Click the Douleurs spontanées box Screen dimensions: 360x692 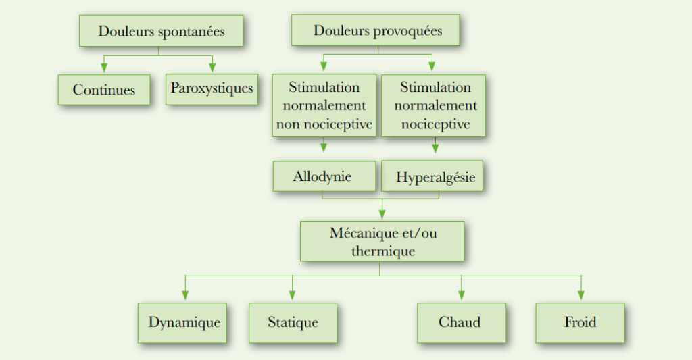click(161, 31)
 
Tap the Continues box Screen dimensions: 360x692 click(104, 89)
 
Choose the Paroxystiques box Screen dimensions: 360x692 click(212, 88)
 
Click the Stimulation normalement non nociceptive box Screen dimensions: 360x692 click(324, 106)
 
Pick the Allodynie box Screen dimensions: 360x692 click(324, 176)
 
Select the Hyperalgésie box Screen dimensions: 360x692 click(435, 178)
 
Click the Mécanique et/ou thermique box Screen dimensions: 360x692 click(382, 242)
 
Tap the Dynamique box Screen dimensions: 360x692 click(184, 322)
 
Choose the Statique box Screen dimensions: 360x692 click(293, 322)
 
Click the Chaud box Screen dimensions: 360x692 click(462, 322)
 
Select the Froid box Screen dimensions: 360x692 click(580, 322)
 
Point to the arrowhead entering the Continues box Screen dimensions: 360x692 click(104, 68)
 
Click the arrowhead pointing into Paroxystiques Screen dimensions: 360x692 click(212, 68)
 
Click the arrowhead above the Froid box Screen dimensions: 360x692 click(580, 295)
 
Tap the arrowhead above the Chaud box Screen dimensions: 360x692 click(462, 295)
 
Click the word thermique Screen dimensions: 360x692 click(382, 251)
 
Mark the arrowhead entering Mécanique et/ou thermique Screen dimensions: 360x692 click(382, 214)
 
